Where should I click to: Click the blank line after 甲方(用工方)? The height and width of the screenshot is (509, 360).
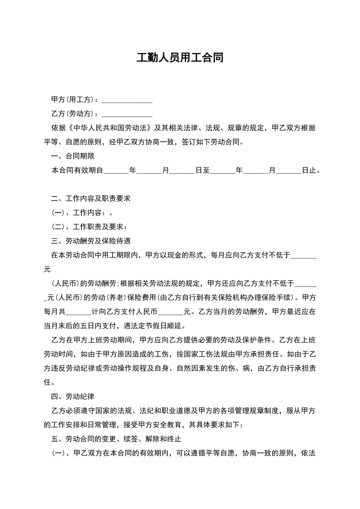click(127, 100)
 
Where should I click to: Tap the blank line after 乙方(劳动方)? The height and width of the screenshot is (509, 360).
click(127, 114)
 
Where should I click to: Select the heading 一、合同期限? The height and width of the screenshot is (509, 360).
click(73, 156)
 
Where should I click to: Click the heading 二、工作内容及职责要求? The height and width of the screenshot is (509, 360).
click(91, 199)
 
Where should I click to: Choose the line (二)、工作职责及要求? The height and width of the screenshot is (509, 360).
click(89, 227)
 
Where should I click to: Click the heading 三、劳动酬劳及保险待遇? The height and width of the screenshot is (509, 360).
click(91, 241)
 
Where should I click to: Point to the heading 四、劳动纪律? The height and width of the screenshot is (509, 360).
click(73, 397)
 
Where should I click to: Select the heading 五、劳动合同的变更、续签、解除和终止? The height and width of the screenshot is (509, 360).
click(116, 439)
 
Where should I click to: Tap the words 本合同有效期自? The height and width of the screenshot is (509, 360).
click(77, 170)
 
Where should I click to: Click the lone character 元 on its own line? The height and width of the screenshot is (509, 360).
click(47, 270)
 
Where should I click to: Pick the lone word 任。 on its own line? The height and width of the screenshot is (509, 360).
click(47, 383)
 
